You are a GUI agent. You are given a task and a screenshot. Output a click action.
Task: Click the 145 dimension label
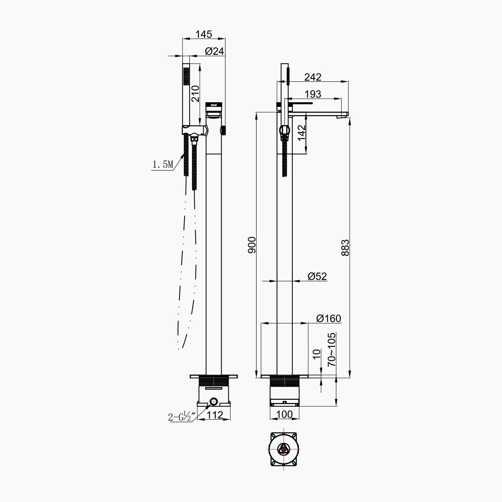204,34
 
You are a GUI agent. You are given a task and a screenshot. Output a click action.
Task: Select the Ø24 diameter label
214,51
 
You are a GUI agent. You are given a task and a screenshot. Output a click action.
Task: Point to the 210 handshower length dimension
195,94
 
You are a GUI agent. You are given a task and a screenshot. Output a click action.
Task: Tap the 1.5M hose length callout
162,165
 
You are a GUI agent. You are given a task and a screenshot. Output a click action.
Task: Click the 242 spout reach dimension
312,77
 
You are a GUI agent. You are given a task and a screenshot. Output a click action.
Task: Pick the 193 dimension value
312,94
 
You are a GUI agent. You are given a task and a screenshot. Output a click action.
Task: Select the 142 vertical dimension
302,133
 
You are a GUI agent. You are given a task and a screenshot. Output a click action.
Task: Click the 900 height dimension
252,245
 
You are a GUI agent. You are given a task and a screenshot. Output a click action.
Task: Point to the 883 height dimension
345,247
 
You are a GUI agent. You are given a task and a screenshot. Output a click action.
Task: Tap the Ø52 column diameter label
317,276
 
